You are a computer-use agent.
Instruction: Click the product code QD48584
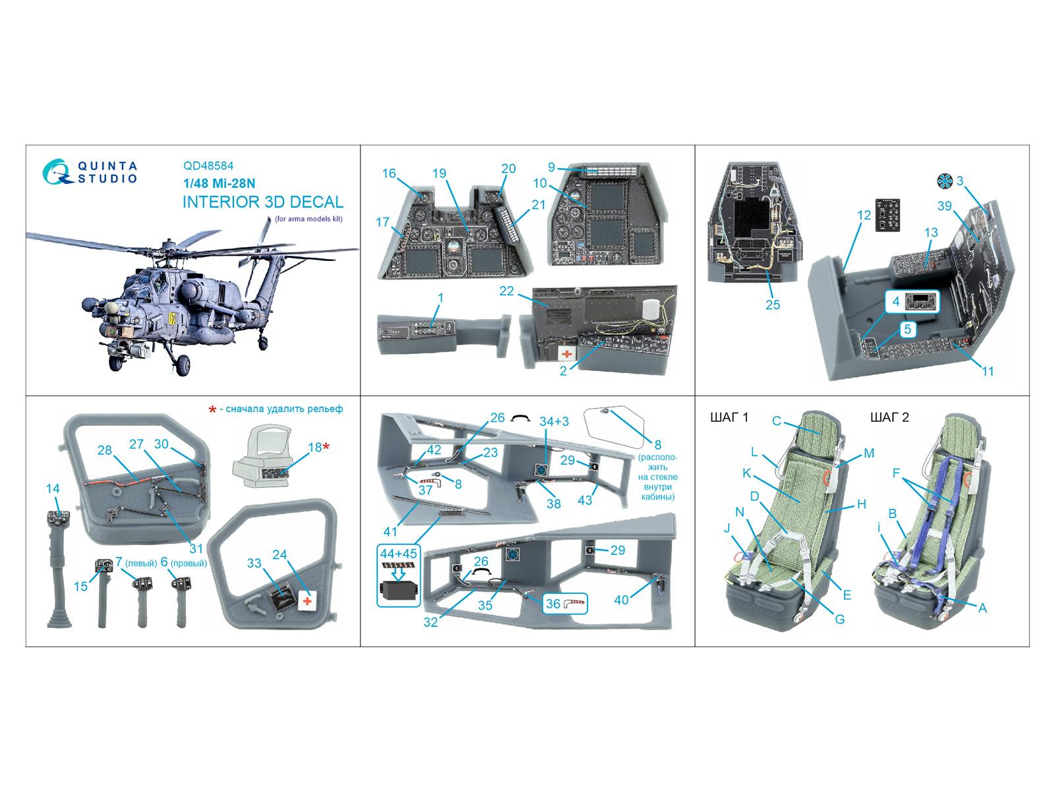click(208, 165)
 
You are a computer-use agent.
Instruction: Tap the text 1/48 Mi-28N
click(219, 183)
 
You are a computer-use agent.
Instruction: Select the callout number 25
click(772, 305)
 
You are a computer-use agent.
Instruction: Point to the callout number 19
click(439, 173)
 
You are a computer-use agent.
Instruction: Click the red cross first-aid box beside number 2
click(568, 353)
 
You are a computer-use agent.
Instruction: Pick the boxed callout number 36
click(553, 604)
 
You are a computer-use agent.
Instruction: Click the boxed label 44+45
click(398, 554)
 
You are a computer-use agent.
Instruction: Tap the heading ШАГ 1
click(729, 417)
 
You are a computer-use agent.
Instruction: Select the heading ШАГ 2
click(889, 417)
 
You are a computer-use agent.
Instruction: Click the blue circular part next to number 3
click(945, 181)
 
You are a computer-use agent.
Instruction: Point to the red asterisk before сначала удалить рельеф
click(212, 409)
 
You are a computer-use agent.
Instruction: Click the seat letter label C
click(776, 421)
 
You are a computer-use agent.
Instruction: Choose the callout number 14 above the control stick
click(52, 488)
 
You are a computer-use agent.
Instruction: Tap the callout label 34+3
click(554, 421)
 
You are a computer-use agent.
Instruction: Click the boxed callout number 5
click(907, 330)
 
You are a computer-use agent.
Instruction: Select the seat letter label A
click(982, 608)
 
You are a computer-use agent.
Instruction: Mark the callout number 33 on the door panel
click(254, 563)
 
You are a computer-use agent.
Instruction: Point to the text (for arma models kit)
click(309, 219)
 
